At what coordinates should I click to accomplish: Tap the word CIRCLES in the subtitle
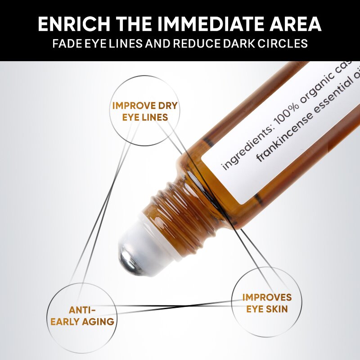coord(285,44)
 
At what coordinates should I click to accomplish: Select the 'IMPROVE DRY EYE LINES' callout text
coord(145,112)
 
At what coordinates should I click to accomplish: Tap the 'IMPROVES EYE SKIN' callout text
coord(267,303)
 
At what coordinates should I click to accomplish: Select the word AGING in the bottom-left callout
coord(98,321)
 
